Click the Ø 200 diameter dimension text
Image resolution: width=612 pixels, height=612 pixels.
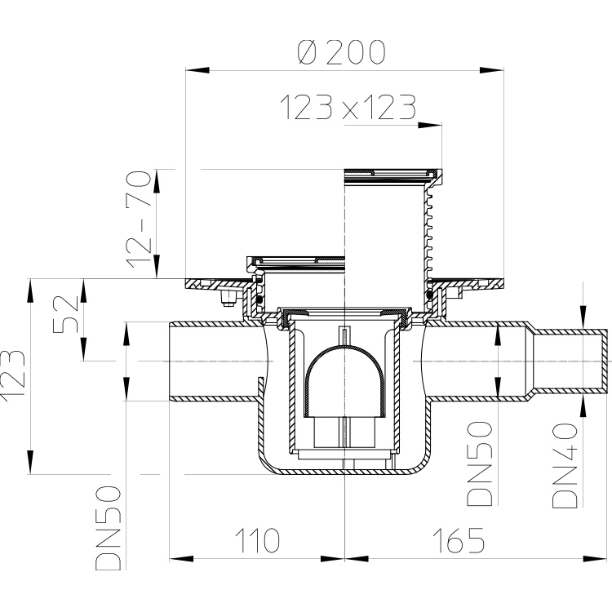click(342, 52)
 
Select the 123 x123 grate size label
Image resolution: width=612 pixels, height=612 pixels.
click(348, 108)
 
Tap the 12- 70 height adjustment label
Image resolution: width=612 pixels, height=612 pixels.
click(140, 219)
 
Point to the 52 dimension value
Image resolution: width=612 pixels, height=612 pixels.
click(65, 314)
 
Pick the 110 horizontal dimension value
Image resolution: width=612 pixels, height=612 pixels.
click(257, 540)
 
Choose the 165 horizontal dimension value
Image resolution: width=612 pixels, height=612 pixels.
click(459, 540)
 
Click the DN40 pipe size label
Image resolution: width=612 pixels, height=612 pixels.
click(565, 466)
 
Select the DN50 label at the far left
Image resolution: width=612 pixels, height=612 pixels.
click(109, 528)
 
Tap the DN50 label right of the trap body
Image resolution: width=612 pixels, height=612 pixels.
click(480, 463)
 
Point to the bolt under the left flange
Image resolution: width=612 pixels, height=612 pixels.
click(228, 298)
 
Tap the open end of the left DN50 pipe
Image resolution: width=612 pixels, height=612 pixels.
click(171, 361)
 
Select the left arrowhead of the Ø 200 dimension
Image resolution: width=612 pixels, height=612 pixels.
click(197, 70)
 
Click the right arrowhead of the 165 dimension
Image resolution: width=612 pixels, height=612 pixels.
click(595, 559)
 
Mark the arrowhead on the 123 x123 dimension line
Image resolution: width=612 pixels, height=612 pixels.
click(430, 126)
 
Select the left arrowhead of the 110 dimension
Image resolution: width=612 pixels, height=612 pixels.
click(181, 559)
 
